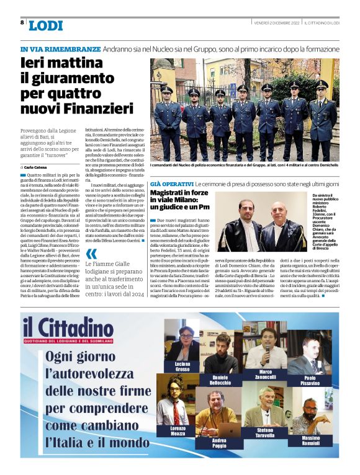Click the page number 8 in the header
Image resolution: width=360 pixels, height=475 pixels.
[22, 22]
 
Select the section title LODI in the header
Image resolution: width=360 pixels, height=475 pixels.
[46, 25]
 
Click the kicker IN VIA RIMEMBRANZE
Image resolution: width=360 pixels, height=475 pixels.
[60, 48]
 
